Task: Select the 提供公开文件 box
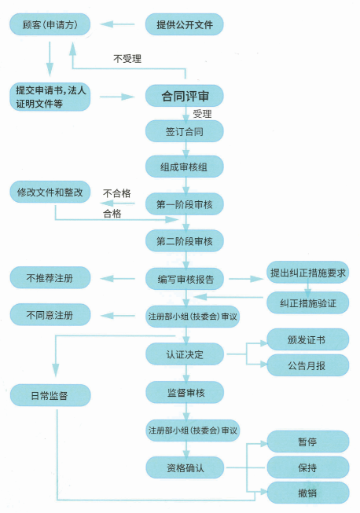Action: tap(185, 25)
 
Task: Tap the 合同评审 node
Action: tap(185, 97)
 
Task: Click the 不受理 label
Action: tap(129, 58)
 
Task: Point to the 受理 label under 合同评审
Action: tap(203, 114)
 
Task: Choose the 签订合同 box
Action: tap(185, 131)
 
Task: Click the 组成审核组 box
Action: tap(185, 167)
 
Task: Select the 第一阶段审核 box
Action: tap(185, 204)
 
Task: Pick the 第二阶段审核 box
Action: tap(185, 240)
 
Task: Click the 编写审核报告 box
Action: tap(185, 278)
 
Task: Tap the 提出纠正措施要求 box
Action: tap(308, 273)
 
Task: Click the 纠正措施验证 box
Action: tap(308, 302)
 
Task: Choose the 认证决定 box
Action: tap(185, 354)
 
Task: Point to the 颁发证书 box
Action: tap(307, 340)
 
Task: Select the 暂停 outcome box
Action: tap(307, 442)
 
